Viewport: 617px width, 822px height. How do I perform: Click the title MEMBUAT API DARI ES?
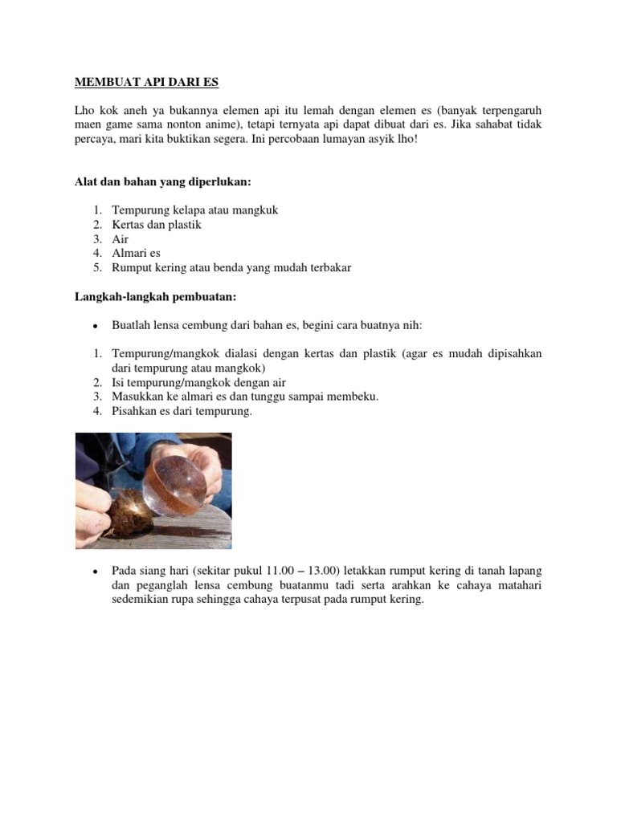[x=146, y=82]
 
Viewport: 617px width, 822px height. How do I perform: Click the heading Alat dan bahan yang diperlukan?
[x=163, y=182]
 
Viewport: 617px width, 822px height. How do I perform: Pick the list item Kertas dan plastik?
[x=157, y=225]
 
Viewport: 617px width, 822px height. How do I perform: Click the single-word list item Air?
[x=120, y=239]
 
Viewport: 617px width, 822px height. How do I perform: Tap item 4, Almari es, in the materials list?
[x=137, y=253]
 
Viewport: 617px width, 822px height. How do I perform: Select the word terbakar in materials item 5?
[x=330, y=267]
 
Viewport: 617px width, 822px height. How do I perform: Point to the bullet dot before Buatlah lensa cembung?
[x=95, y=327]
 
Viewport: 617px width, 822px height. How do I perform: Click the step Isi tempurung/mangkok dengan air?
[x=198, y=383]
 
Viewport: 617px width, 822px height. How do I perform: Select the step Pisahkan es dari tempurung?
[x=182, y=412]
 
